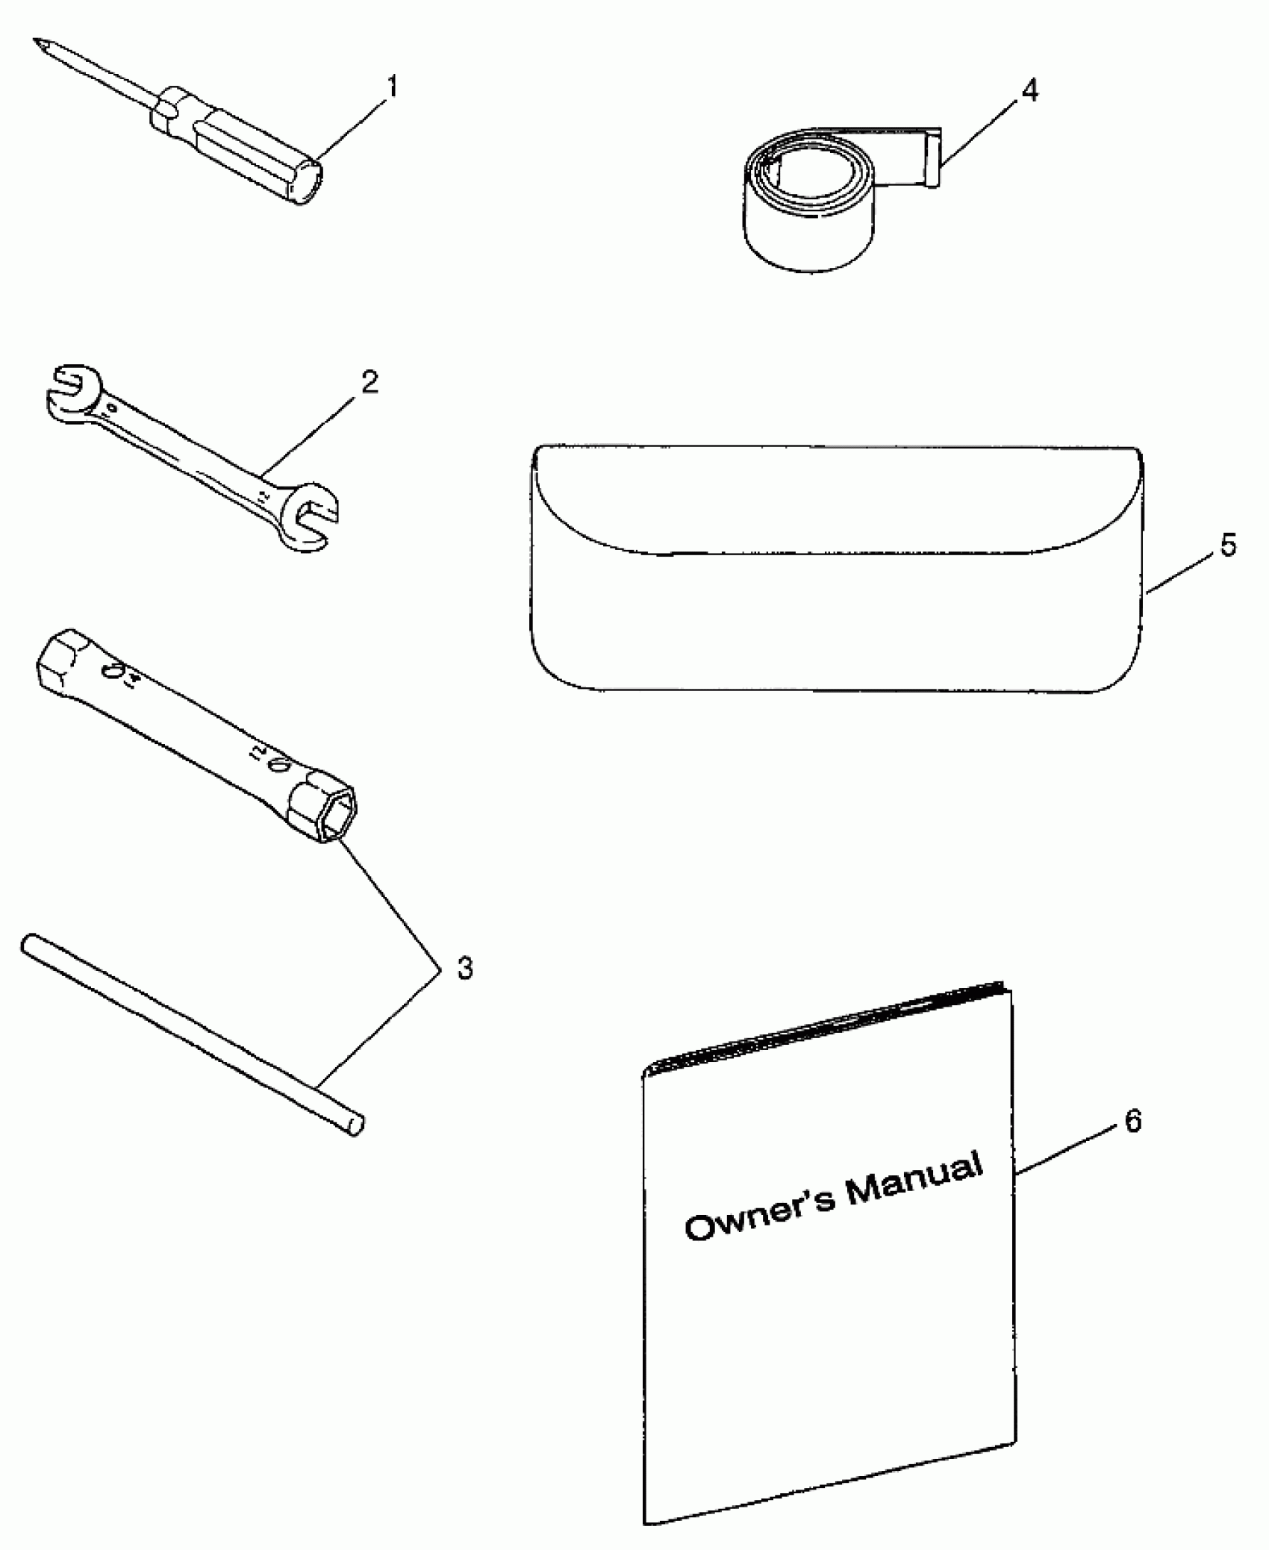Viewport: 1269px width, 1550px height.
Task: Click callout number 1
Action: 391,87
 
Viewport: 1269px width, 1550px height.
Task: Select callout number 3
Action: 464,969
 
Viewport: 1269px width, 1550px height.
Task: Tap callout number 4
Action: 1029,91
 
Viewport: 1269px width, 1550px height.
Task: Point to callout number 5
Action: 1228,546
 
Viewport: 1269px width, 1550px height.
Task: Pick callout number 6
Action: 1133,1143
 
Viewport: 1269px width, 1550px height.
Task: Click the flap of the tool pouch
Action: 836,500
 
